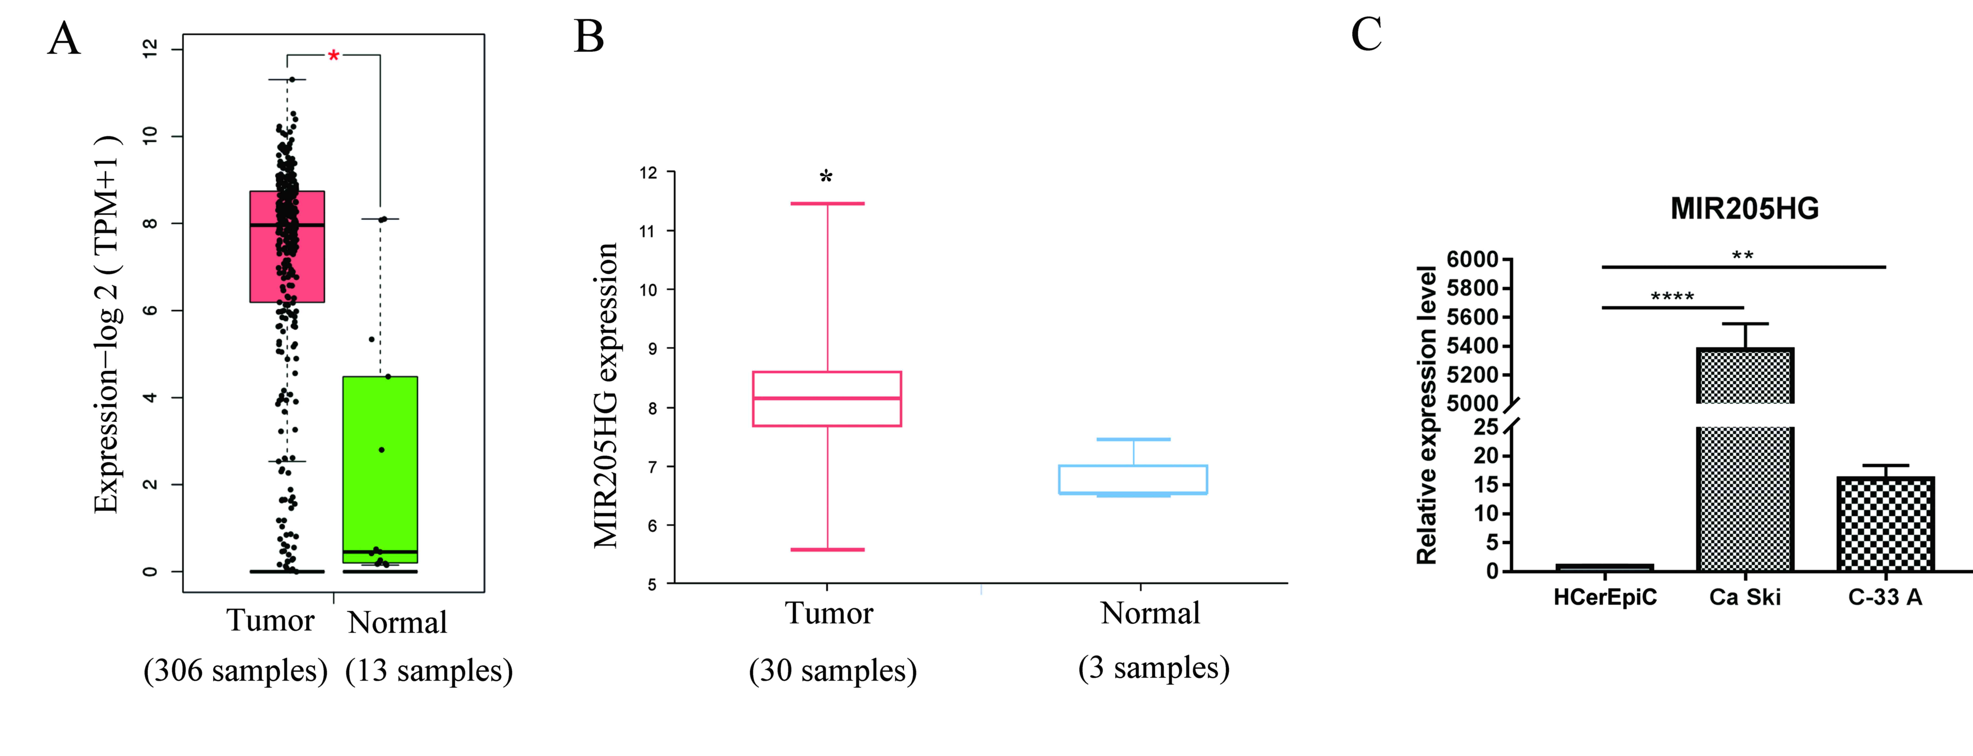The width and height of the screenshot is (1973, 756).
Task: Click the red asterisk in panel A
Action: point(333,56)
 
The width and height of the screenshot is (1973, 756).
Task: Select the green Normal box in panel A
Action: point(380,469)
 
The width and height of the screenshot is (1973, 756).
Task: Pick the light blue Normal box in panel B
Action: point(1133,479)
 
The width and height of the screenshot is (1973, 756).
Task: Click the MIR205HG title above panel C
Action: point(1744,208)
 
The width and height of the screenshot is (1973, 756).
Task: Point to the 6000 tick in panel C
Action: point(1471,260)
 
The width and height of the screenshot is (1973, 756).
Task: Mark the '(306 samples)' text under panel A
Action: point(235,671)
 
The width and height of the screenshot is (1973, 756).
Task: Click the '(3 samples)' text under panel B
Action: point(1153,668)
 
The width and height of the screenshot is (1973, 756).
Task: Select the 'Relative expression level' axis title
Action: point(1426,414)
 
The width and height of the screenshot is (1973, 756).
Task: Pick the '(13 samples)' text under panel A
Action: point(429,671)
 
